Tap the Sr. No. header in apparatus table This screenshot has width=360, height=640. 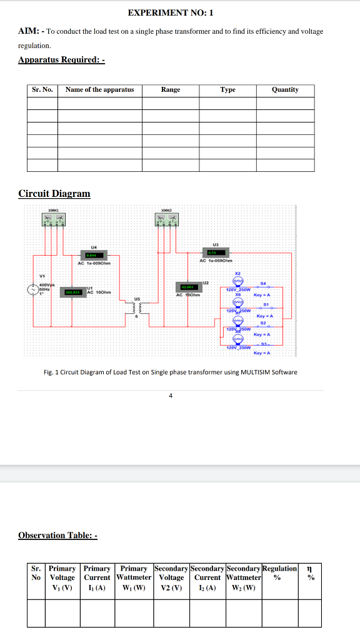42,90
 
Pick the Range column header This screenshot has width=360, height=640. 170,90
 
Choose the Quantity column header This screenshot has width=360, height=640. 285,90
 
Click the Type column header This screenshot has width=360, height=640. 227,90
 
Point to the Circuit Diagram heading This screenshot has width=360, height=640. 54,194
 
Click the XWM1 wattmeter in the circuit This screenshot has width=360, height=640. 54,221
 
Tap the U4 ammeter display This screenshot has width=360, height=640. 94,254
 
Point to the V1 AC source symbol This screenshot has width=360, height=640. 32,290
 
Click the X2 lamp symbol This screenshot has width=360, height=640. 237,282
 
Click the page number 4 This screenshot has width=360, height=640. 171,395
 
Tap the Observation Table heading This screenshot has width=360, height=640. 57,536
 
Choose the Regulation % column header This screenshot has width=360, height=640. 279,573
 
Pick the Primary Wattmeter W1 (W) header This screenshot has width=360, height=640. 134,577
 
